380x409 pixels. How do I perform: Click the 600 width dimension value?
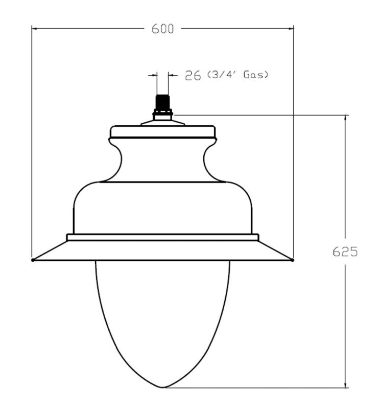point(163,29)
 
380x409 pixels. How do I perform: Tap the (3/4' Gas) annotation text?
point(237,75)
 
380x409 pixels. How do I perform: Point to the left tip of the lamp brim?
point(33,260)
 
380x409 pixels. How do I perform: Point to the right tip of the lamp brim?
point(293,260)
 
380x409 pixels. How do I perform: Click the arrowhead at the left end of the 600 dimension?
point(35,29)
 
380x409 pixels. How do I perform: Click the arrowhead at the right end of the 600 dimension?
point(291,29)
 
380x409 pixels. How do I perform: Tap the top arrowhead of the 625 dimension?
point(346,117)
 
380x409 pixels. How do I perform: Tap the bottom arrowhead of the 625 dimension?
point(346,384)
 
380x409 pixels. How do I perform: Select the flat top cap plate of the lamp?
point(163,131)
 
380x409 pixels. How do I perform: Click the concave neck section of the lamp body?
point(163,161)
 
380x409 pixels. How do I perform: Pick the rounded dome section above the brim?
point(163,207)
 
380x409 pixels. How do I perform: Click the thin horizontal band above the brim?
point(163,237)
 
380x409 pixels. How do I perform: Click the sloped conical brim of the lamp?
point(163,251)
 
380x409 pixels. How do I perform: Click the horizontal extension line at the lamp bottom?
point(255,387)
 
